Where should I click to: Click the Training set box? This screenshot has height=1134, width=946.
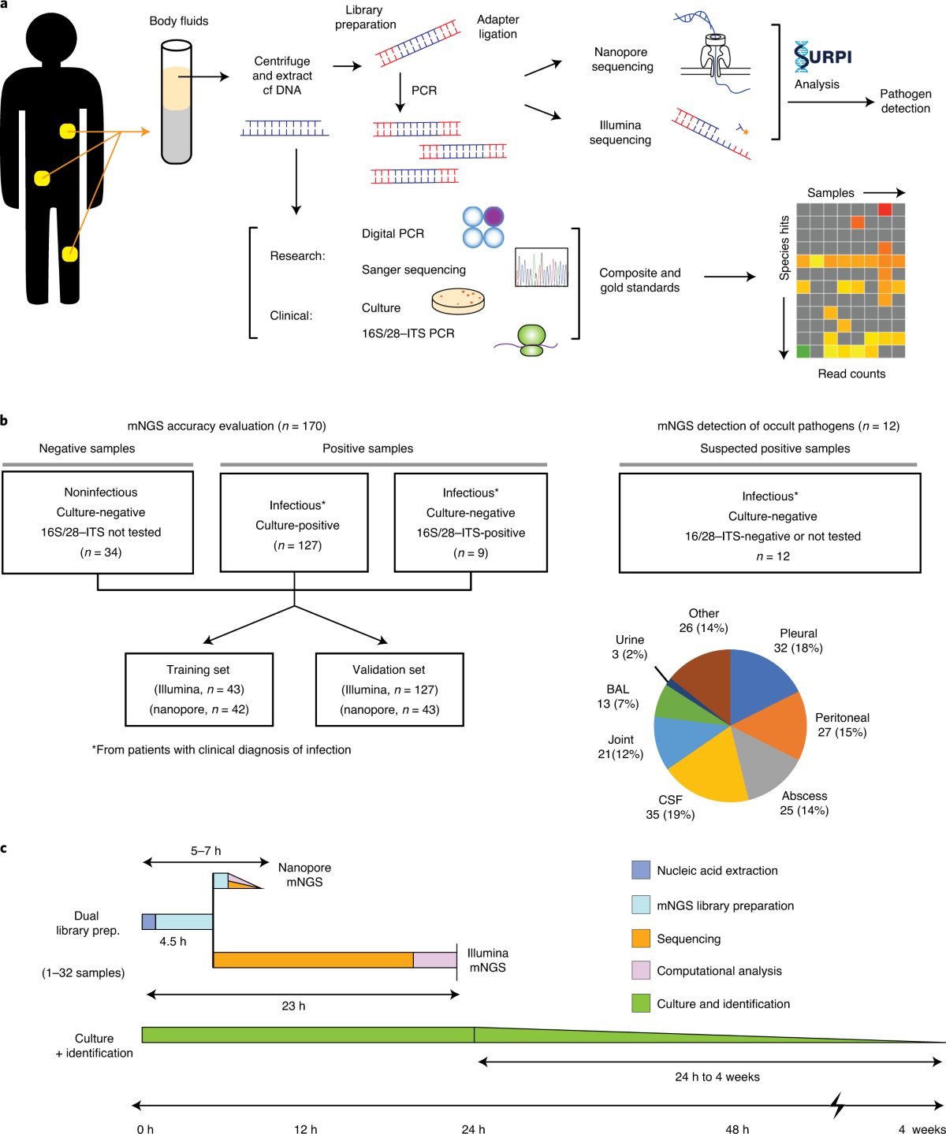click(x=199, y=690)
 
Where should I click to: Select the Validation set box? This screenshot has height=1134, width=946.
click(x=389, y=690)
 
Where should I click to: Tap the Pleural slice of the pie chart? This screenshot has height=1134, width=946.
click(x=761, y=682)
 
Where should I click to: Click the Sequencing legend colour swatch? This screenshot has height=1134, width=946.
click(x=641, y=939)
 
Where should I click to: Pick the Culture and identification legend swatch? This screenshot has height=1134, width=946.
click(x=641, y=1003)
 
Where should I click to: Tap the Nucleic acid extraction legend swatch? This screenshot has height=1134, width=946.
click(x=641, y=870)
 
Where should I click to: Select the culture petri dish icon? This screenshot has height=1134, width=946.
click(x=458, y=301)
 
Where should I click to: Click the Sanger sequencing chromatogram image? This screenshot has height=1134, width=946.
click(x=542, y=267)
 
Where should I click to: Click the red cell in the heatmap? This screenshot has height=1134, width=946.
click(x=885, y=209)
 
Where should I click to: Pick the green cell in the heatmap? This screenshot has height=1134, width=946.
click(x=803, y=351)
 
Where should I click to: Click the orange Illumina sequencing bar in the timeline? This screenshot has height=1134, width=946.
click(x=313, y=960)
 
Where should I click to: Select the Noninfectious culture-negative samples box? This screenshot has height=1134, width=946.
click(x=98, y=522)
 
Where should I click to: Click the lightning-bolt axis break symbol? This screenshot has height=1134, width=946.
click(x=839, y=1106)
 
